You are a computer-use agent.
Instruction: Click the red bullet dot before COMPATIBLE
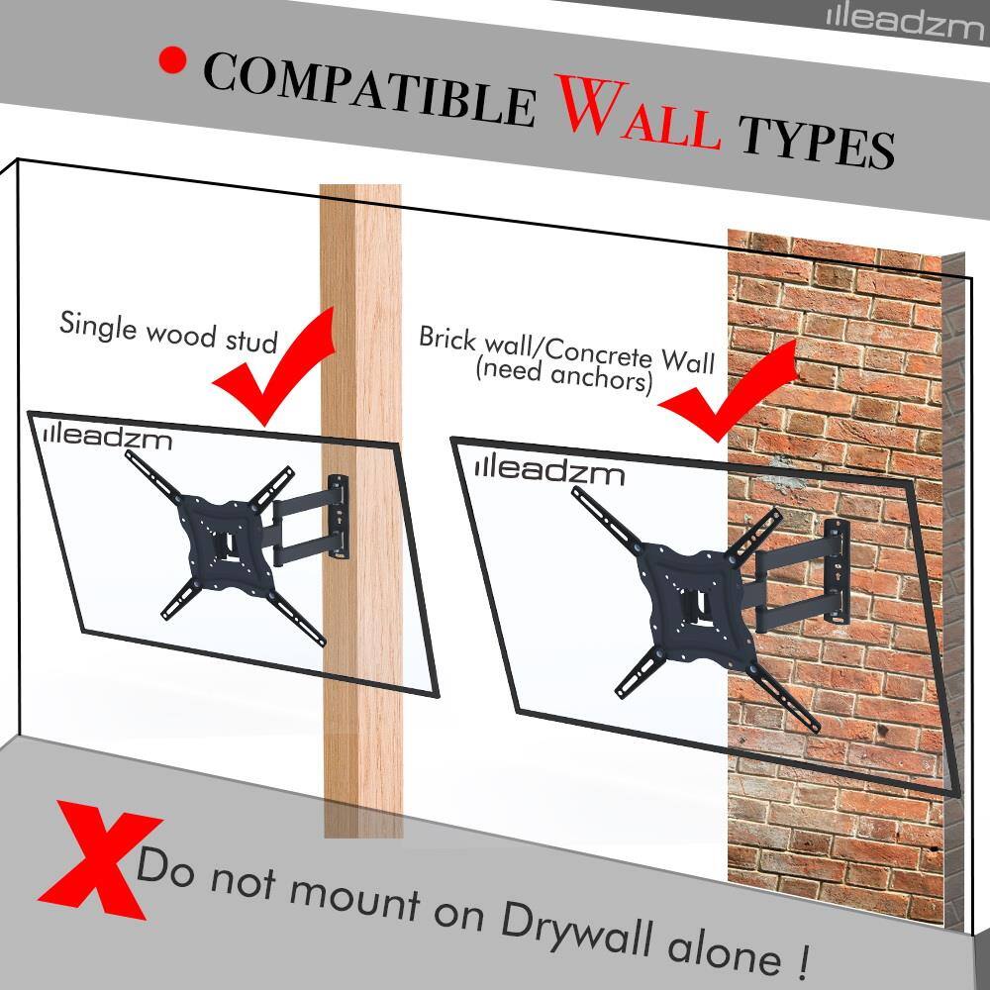173,61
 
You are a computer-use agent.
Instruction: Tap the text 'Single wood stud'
166,331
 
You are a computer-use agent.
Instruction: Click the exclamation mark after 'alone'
799,958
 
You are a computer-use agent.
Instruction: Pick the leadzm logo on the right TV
549,470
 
